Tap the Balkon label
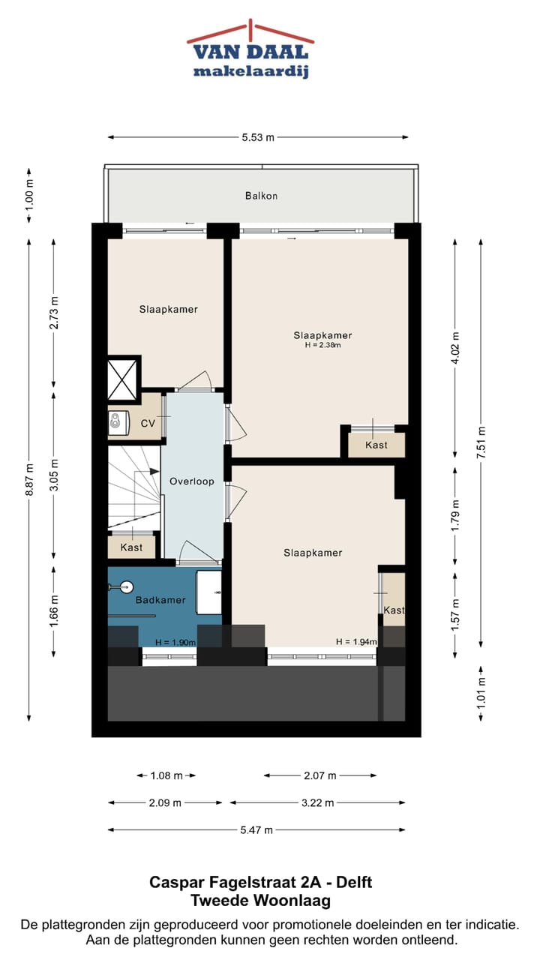point(261,196)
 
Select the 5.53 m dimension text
point(258,137)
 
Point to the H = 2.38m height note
point(322,346)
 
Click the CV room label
point(148,424)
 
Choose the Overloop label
point(192,481)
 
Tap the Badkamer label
point(160,600)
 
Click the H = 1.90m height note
point(175,643)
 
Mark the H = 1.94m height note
point(355,642)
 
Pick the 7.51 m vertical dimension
point(482,442)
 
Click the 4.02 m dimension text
point(455,347)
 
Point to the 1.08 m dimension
point(166,775)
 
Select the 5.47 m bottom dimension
point(257,829)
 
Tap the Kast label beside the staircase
point(131,547)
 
